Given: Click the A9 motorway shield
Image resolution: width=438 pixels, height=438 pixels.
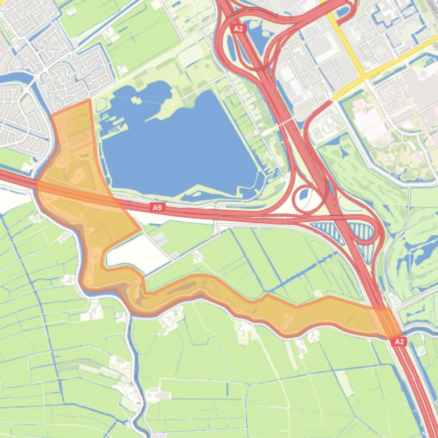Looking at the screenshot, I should pyautogui.click(x=158, y=208).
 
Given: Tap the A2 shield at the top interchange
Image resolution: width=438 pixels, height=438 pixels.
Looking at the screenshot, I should pyautogui.click(x=238, y=28).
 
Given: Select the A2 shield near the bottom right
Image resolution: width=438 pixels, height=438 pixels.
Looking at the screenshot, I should pyautogui.click(x=399, y=341).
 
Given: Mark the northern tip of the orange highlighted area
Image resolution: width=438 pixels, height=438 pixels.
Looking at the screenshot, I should pyautogui.click(x=89, y=101).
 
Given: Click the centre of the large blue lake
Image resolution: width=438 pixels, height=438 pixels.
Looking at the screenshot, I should pyautogui.click(x=182, y=148).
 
